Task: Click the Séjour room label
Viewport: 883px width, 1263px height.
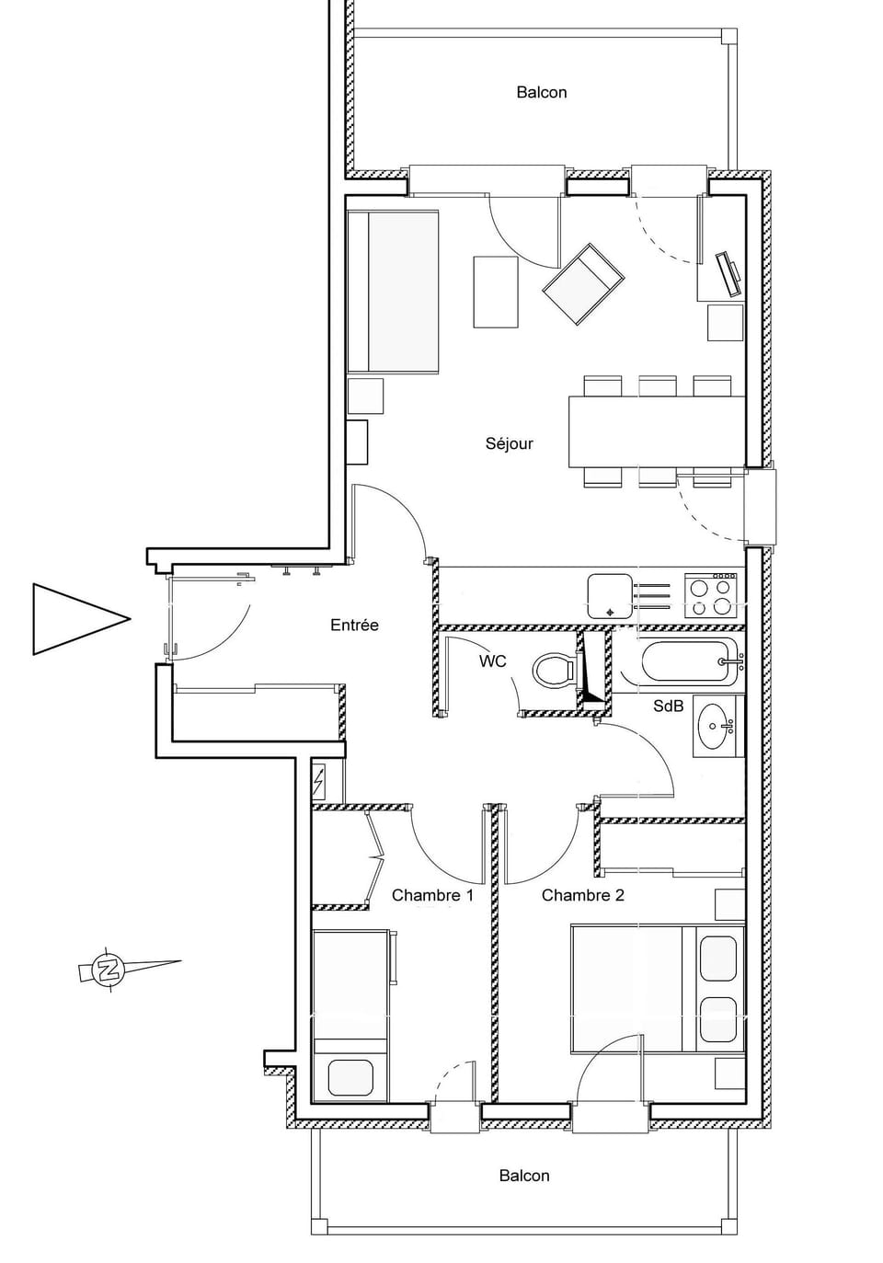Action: coord(509,443)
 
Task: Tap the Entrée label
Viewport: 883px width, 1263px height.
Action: coord(354,626)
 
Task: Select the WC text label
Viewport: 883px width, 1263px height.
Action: coord(492,661)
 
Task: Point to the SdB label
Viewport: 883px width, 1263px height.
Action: coord(668,706)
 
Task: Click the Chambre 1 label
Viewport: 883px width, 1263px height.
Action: coord(432,895)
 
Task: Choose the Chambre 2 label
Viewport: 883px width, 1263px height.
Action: coord(582,895)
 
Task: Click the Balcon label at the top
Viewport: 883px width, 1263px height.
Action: coord(541,92)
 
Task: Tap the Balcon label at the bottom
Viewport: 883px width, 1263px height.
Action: coord(523,1176)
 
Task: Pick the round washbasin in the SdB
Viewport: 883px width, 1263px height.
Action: coord(714,728)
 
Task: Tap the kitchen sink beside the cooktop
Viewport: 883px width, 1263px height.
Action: coord(610,596)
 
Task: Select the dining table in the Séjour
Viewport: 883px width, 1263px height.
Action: coord(656,431)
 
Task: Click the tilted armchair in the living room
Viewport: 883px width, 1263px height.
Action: coord(583,283)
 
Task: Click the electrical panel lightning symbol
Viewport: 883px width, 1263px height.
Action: coord(319,783)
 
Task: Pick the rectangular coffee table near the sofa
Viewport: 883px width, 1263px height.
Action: coord(496,292)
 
